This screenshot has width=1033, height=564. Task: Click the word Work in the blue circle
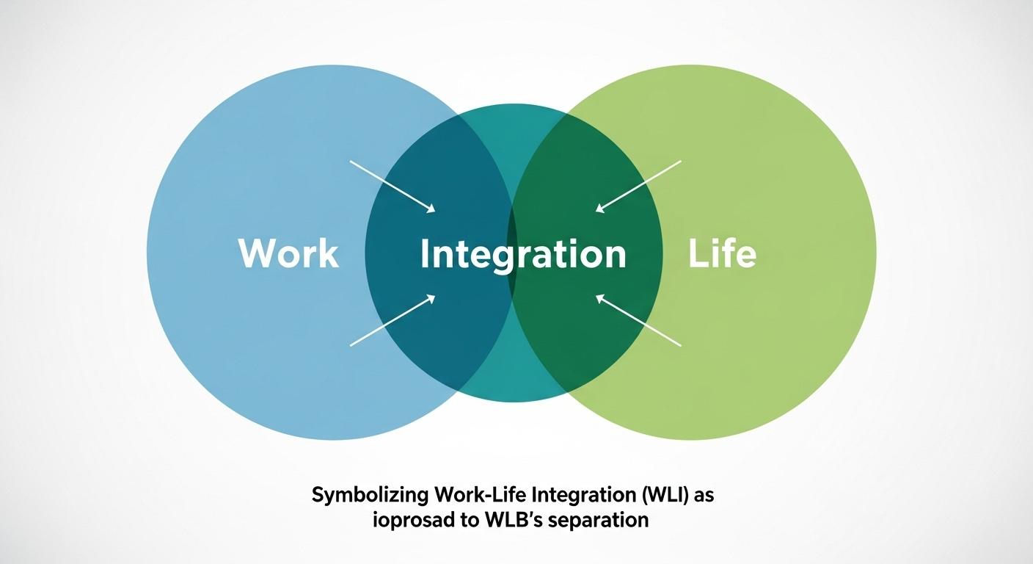tap(288, 253)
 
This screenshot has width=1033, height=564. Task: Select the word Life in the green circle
tap(723, 253)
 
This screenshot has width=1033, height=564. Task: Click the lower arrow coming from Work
tap(393, 321)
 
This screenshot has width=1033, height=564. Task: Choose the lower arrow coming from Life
tap(638, 321)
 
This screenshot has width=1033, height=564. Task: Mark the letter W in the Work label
tap(254, 253)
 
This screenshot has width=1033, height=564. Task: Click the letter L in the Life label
tap(696, 253)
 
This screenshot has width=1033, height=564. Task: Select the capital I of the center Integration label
tap(426, 254)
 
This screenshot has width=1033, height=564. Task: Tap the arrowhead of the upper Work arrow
tap(431, 210)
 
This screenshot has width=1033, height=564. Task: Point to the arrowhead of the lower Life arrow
tap(599, 298)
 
